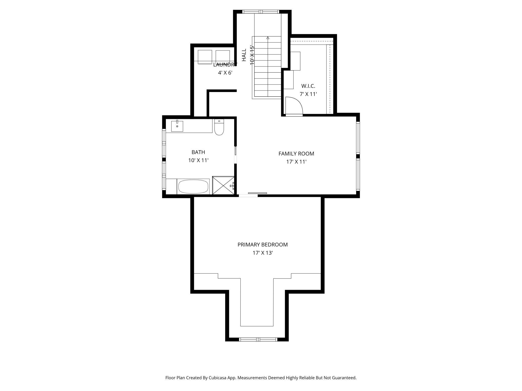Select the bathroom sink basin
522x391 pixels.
177,126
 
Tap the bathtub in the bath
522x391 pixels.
193,186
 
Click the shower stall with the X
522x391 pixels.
223,185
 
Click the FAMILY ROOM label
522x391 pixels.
296,154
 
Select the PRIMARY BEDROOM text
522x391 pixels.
263,245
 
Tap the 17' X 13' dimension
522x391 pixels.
263,253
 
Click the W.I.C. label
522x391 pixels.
308,86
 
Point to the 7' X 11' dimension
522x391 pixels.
308,94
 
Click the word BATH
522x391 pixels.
198,152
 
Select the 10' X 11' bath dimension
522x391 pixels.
198,160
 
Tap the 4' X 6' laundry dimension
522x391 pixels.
225,73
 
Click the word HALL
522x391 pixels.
244,55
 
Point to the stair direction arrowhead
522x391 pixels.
268,38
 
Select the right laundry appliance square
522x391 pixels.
223,57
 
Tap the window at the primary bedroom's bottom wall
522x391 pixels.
258,340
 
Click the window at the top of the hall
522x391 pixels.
261,12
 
